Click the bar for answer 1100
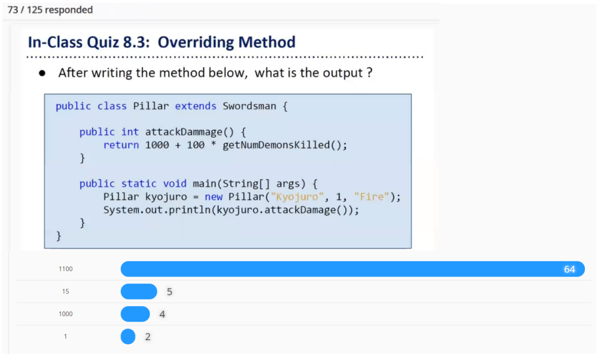click(x=352, y=269)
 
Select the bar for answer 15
click(x=139, y=291)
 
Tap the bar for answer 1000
click(x=135, y=314)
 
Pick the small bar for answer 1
click(x=128, y=337)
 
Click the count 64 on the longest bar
click(x=569, y=270)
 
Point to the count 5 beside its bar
click(x=169, y=292)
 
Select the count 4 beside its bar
click(x=162, y=315)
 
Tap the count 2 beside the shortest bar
click(x=148, y=337)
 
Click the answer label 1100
click(x=65, y=269)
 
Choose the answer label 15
click(x=65, y=291)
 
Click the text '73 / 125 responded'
click(x=50, y=10)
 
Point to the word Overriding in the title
click(x=196, y=42)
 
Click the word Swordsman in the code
click(x=249, y=106)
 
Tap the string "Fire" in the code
click(x=371, y=197)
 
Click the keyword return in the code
click(x=121, y=145)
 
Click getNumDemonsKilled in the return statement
click(x=275, y=145)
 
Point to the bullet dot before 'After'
click(x=42, y=73)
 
